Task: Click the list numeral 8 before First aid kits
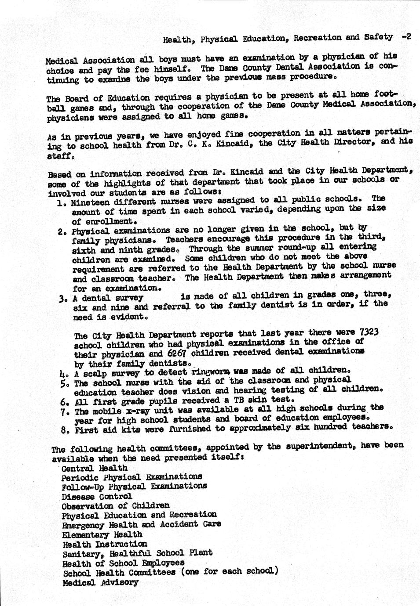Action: coord(63,430)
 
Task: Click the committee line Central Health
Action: coord(95,468)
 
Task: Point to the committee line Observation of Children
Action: coord(115,506)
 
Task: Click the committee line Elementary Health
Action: coord(102,535)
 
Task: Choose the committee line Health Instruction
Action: coord(105,545)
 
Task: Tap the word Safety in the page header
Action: coord(378,37)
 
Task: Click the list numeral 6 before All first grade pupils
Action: coord(63,401)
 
